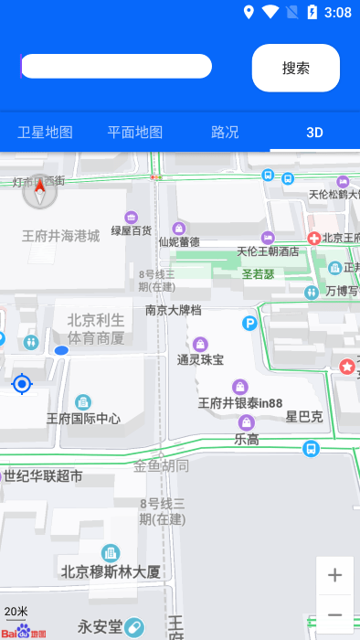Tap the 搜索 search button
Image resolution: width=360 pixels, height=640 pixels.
[x=295, y=68]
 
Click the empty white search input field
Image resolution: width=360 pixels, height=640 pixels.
[x=116, y=66]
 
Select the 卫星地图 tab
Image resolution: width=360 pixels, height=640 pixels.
[x=45, y=132]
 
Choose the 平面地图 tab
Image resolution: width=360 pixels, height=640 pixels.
[x=135, y=132]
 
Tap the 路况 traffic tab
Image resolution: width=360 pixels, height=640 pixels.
[x=225, y=132]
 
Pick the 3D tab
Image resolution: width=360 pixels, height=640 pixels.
[x=314, y=132]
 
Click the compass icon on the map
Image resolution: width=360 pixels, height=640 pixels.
[x=39, y=192]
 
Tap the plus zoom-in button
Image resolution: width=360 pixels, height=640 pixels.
[x=334, y=575]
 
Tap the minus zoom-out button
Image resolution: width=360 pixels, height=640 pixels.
[x=334, y=614]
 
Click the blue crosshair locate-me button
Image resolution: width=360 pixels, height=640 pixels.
[x=22, y=384]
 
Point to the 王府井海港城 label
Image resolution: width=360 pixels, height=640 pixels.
[x=60, y=236]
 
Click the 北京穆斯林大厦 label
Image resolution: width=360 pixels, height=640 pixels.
[x=111, y=571]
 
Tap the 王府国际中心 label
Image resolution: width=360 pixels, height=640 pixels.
[x=83, y=419]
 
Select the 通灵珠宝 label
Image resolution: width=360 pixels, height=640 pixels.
[x=200, y=359]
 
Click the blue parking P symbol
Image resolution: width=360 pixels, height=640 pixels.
[x=249, y=323]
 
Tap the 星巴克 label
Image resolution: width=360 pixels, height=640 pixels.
[x=304, y=417]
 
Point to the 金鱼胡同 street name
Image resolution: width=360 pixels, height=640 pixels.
[x=162, y=466]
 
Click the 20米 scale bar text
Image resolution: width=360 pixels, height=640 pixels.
[x=16, y=611]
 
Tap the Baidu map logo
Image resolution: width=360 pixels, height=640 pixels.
[x=23, y=633]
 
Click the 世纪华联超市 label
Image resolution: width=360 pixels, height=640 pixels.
[x=43, y=475]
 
